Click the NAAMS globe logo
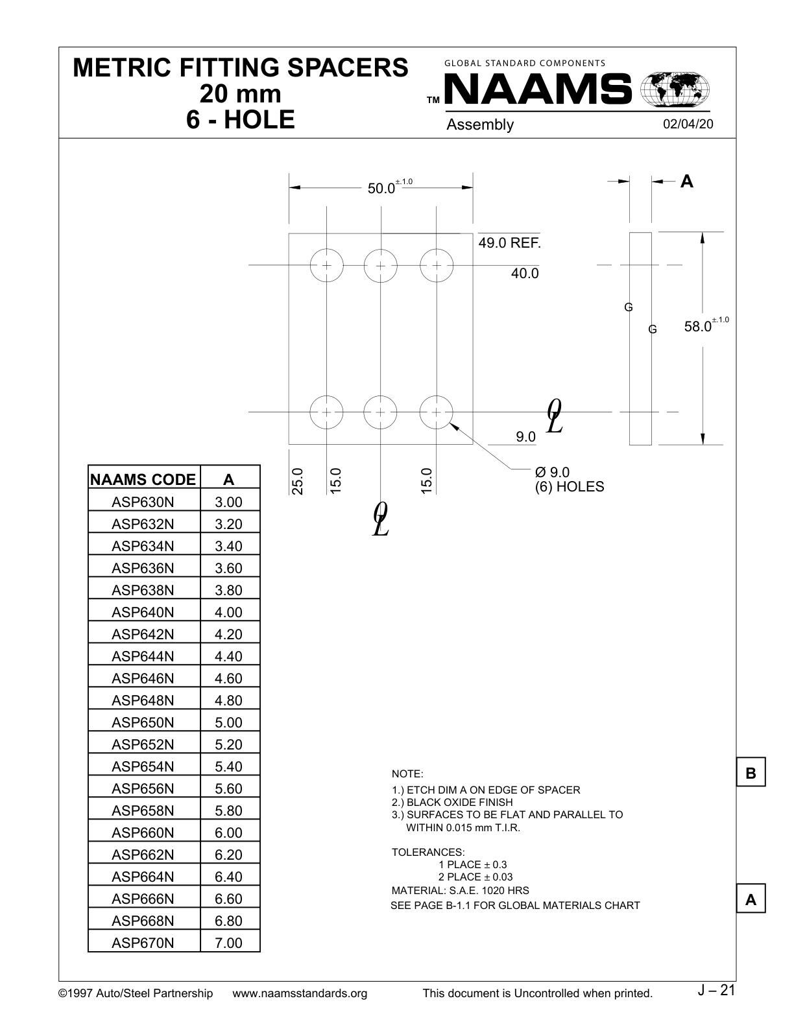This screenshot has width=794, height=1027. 675,89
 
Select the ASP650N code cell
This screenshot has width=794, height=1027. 143,722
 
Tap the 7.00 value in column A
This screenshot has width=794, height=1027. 228,943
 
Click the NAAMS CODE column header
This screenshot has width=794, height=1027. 143,480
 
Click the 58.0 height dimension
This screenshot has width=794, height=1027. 698,327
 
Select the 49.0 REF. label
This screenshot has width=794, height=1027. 509,243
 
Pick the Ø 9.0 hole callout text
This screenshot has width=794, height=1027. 553,473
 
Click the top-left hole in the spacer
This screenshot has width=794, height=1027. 326,265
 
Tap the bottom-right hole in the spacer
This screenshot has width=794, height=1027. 436,412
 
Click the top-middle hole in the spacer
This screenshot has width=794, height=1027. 380,265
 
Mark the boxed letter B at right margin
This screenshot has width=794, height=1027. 751,773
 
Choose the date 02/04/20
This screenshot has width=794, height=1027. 688,124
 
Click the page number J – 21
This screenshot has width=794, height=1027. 716,991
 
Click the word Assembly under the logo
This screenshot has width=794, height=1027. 480,125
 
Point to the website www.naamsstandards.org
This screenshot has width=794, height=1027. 300,993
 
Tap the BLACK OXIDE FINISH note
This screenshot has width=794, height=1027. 459,803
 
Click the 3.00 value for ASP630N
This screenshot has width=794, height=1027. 228,502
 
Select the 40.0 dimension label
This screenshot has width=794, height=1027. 525,274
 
